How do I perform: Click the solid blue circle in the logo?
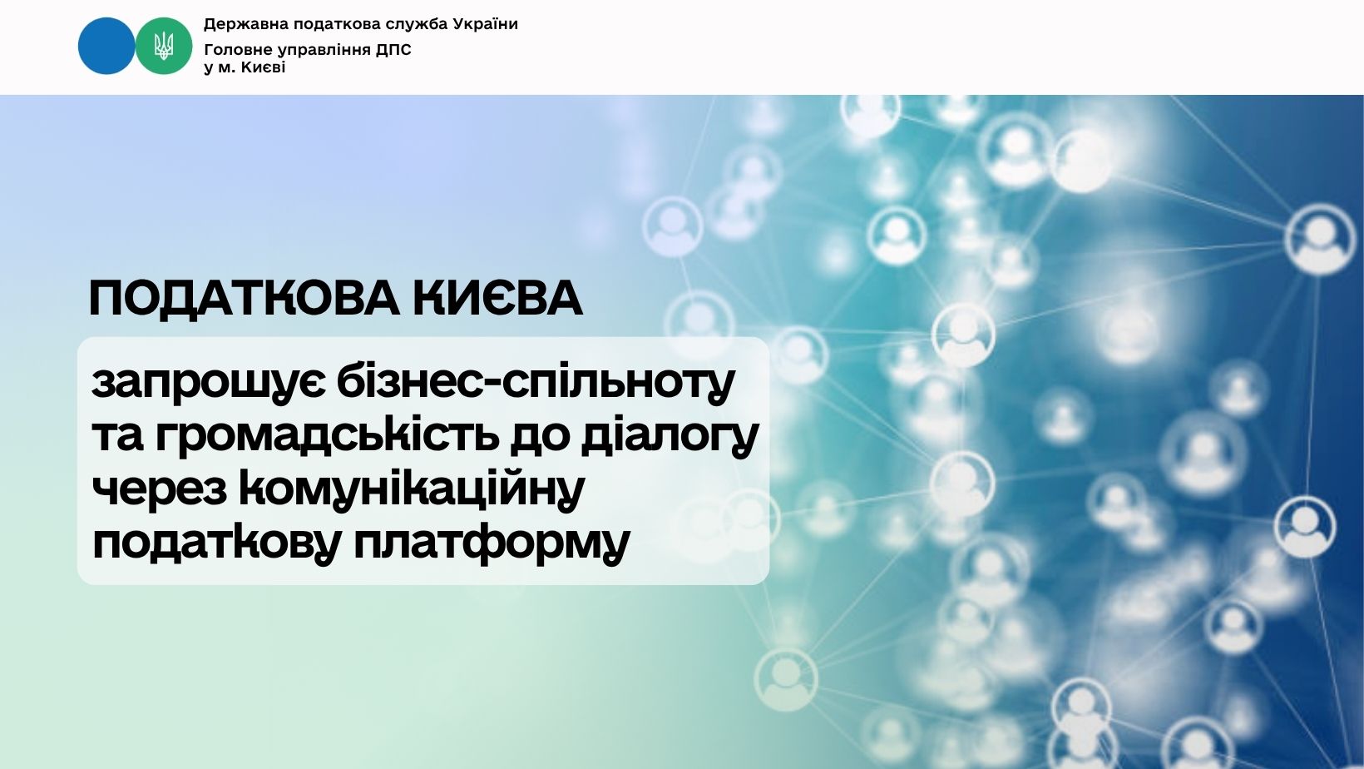[106, 46]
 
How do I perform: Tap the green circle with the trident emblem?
[163, 46]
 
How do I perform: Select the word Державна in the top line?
[246, 24]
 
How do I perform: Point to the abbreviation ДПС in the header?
[393, 50]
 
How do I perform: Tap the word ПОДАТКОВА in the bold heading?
[245, 299]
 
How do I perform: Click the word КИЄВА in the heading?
[497, 299]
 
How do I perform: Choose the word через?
[159, 489]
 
